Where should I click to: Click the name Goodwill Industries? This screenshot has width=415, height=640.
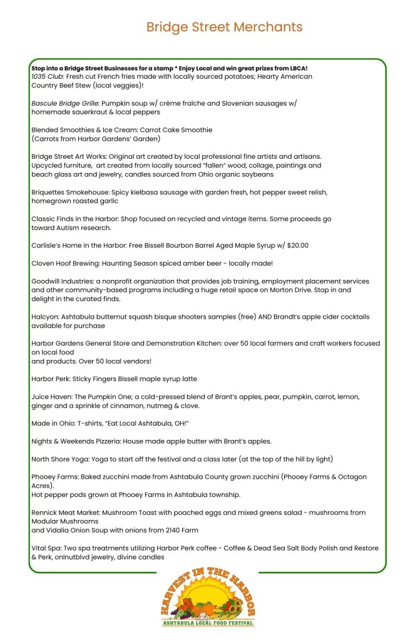point(62,281)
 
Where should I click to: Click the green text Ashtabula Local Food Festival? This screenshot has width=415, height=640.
point(208,623)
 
